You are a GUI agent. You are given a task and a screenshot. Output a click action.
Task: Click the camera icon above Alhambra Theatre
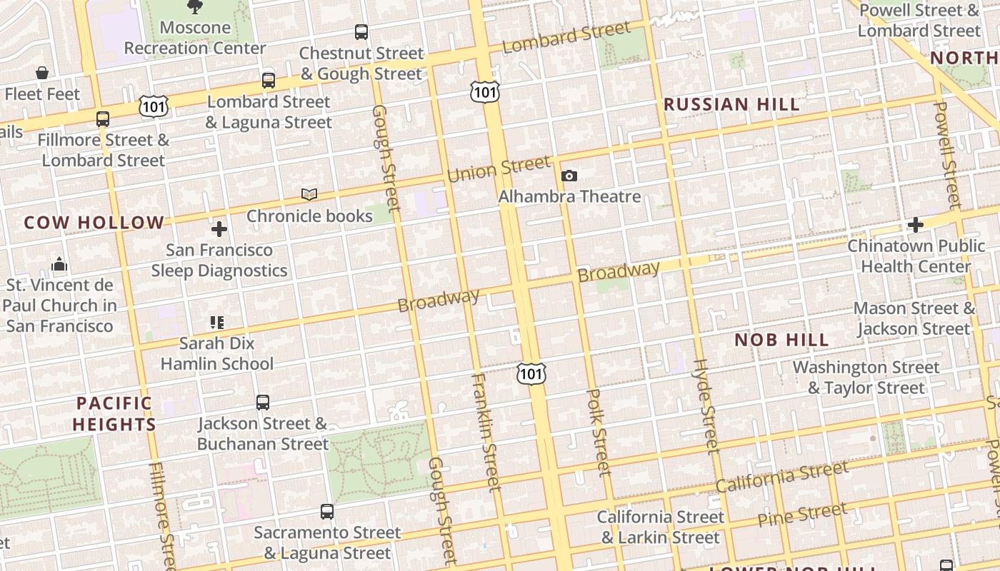[x=569, y=176]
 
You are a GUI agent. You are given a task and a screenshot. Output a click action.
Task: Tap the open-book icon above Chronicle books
[x=309, y=194]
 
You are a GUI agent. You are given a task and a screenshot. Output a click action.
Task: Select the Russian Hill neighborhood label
[x=731, y=105]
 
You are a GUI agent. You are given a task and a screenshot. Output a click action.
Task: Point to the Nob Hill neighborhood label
[x=781, y=340]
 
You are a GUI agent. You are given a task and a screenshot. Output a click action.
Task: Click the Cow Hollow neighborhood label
[x=94, y=223]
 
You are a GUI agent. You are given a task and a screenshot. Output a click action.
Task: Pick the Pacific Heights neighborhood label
[x=114, y=414]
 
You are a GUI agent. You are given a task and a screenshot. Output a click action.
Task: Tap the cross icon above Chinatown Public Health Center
[x=915, y=225]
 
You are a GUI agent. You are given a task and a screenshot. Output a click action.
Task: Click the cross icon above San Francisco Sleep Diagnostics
[x=219, y=229]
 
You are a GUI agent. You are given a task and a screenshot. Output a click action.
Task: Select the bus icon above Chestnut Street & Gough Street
[x=361, y=31]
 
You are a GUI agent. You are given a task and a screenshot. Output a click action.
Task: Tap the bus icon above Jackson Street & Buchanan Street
[x=263, y=402]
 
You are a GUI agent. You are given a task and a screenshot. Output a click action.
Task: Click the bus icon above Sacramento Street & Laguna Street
[x=327, y=511]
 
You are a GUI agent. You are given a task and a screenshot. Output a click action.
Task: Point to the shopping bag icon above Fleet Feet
[x=42, y=73]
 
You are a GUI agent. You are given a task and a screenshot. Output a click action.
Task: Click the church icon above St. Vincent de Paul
[x=59, y=265]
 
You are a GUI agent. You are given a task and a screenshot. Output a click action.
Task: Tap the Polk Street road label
[x=599, y=432]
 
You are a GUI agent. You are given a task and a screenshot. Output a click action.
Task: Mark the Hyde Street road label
[x=705, y=406]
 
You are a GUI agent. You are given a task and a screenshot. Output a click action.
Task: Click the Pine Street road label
[x=803, y=515]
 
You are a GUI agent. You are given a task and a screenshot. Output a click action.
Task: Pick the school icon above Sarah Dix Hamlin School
[x=217, y=323]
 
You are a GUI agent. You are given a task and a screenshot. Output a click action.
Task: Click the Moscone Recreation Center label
[x=195, y=38]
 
